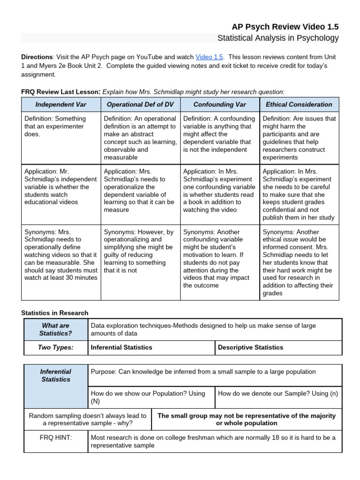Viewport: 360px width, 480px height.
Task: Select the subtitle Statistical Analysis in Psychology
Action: click(x=278, y=38)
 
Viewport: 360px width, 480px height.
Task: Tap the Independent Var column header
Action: click(x=61, y=105)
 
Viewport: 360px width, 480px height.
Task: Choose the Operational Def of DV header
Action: click(x=141, y=105)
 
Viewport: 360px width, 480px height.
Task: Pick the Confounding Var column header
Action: click(x=219, y=105)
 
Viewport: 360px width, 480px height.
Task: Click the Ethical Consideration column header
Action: click(x=299, y=105)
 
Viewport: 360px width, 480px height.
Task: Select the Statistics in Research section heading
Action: click(x=55, y=313)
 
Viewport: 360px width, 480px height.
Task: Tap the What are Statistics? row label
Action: click(x=56, y=330)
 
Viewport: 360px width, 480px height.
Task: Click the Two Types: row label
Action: click(x=56, y=347)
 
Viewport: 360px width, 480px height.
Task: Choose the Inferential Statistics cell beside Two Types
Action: click(x=121, y=347)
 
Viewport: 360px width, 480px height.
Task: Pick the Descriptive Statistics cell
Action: click(x=251, y=347)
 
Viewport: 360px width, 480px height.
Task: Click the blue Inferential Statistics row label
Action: click(x=56, y=375)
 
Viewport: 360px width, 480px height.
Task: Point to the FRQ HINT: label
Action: click(x=56, y=437)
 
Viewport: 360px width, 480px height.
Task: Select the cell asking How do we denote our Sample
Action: click(x=278, y=393)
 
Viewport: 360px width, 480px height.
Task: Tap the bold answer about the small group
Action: click(x=247, y=420)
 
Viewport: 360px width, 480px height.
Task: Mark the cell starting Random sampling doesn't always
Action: click(x=88, y=420)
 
